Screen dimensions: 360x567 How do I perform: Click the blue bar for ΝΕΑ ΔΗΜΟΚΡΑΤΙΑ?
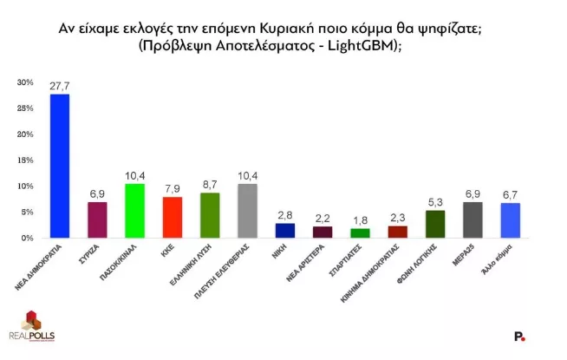(60, 166)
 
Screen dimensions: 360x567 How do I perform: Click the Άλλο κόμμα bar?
(510, 220)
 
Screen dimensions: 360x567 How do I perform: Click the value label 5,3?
(435, 203)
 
